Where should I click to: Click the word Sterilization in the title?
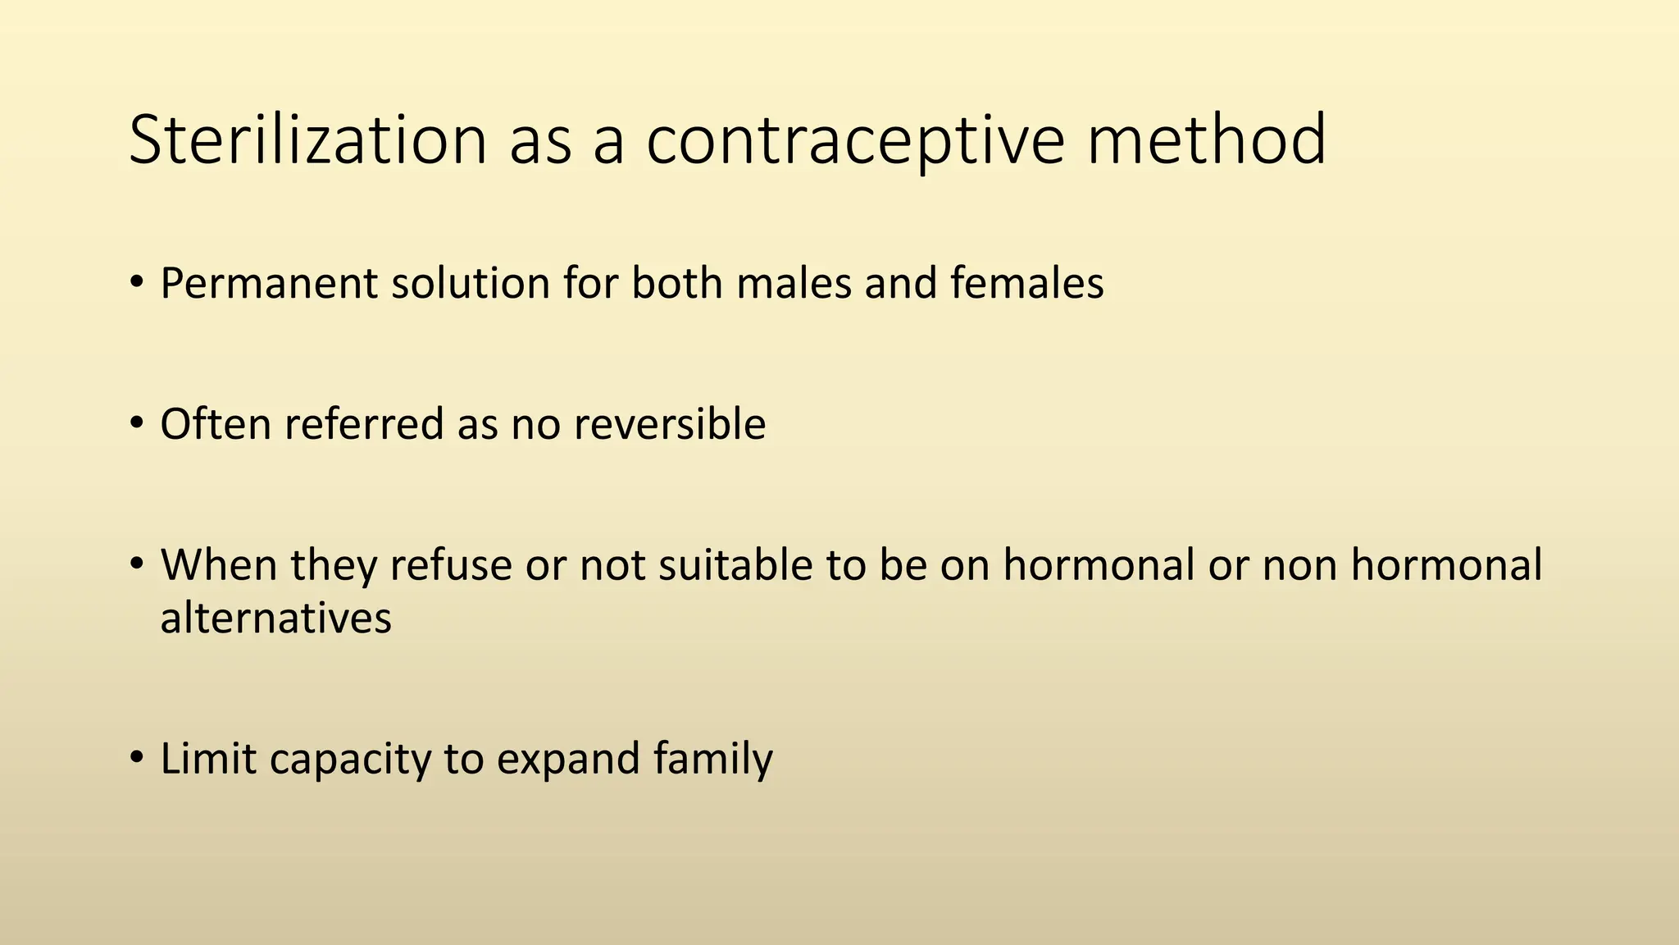pos(308,140)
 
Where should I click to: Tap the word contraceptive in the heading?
pos(856,140)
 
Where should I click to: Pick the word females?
pos(1026,283)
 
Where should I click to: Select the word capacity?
pos(349,760)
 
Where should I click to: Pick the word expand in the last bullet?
pos(567,760)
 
